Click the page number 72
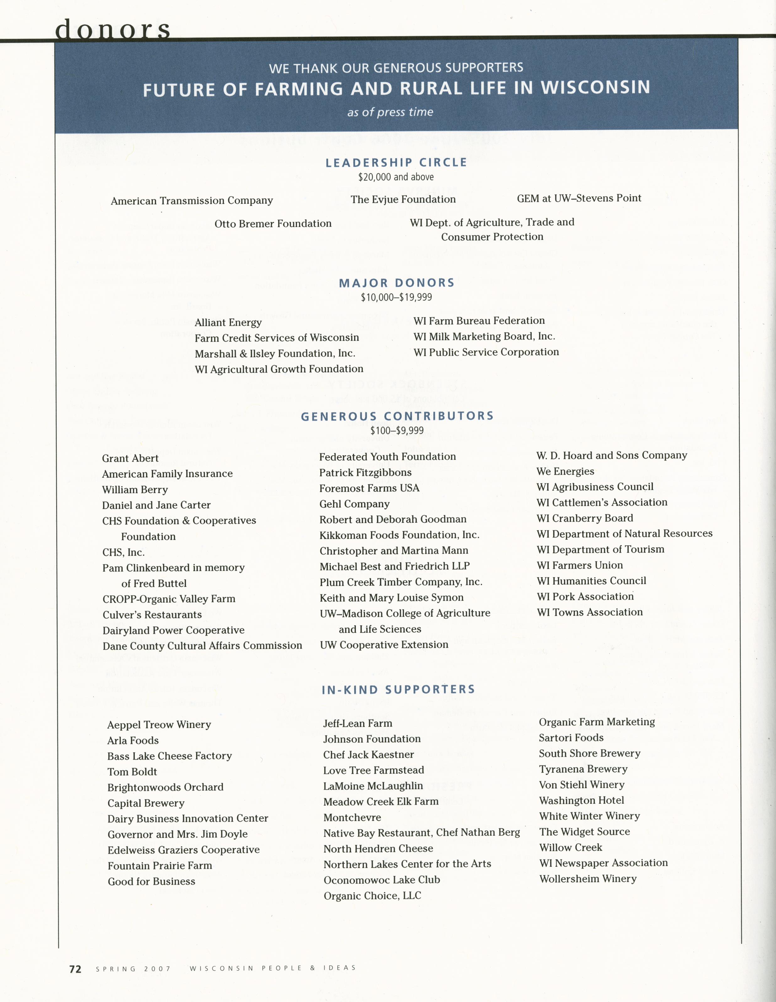75,968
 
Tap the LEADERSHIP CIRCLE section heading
396,162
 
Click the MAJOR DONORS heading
397,283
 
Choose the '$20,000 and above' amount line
396,177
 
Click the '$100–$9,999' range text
397,430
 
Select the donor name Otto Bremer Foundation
273,224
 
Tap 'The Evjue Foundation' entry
403,199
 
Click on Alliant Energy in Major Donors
228,322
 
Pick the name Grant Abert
130,458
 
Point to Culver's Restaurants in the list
152,615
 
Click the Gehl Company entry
355,504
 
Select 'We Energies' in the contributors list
565,471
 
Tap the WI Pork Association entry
585,596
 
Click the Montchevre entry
352,817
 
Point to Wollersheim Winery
588,879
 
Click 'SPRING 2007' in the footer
133,969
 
